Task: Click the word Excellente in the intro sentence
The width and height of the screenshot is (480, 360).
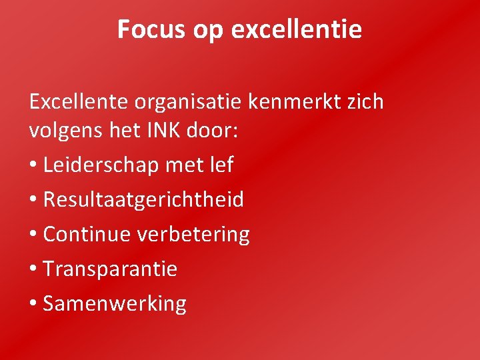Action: point(79,102)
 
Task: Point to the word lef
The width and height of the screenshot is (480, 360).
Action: point(221,164)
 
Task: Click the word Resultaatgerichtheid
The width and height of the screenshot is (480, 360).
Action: point(143,199)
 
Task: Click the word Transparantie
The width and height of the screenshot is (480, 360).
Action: point(110,269)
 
